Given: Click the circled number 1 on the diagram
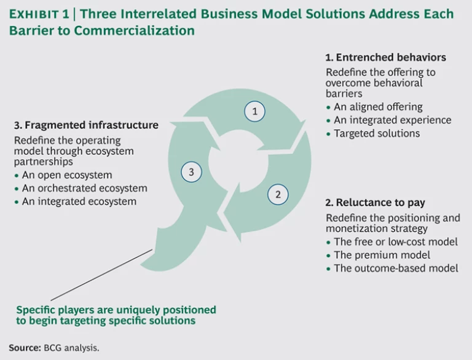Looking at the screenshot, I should pyautogui.click(x=254, y=111).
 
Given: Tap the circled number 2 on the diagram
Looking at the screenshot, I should pyautogui.click(x=278, y=195).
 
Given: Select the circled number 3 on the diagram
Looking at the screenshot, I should pyautogui.click(x=191, y=173).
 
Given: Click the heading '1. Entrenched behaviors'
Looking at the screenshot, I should pyautogui.click(x=385, y=57).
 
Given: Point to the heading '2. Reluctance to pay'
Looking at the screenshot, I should pyautogui.click(x=375, y=203).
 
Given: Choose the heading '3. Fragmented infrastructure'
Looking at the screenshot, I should pyautogui.click(x=86, y=125).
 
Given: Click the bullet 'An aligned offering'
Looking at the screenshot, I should pyautogui.click(x=378, y=106).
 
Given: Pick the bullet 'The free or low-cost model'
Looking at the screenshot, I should pyautogui.click(x=395, y=241).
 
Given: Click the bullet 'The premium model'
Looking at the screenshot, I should pyautogui.click(x=382, y=255).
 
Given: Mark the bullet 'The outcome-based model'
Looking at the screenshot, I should pyautogui.click(x=396, y=268).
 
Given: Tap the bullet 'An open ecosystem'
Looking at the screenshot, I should pyautogui.click(x=67, y=174).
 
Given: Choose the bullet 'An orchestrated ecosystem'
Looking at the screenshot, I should pyautogui.click(x=84, y=188).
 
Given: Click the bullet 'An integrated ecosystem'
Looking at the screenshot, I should pyautogui.click(x=79, y=201).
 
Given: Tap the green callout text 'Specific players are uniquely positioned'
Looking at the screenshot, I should pyautogui.click(x=116, y=310).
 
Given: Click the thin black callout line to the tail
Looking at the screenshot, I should pyautogui.click(x=104, y=274).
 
